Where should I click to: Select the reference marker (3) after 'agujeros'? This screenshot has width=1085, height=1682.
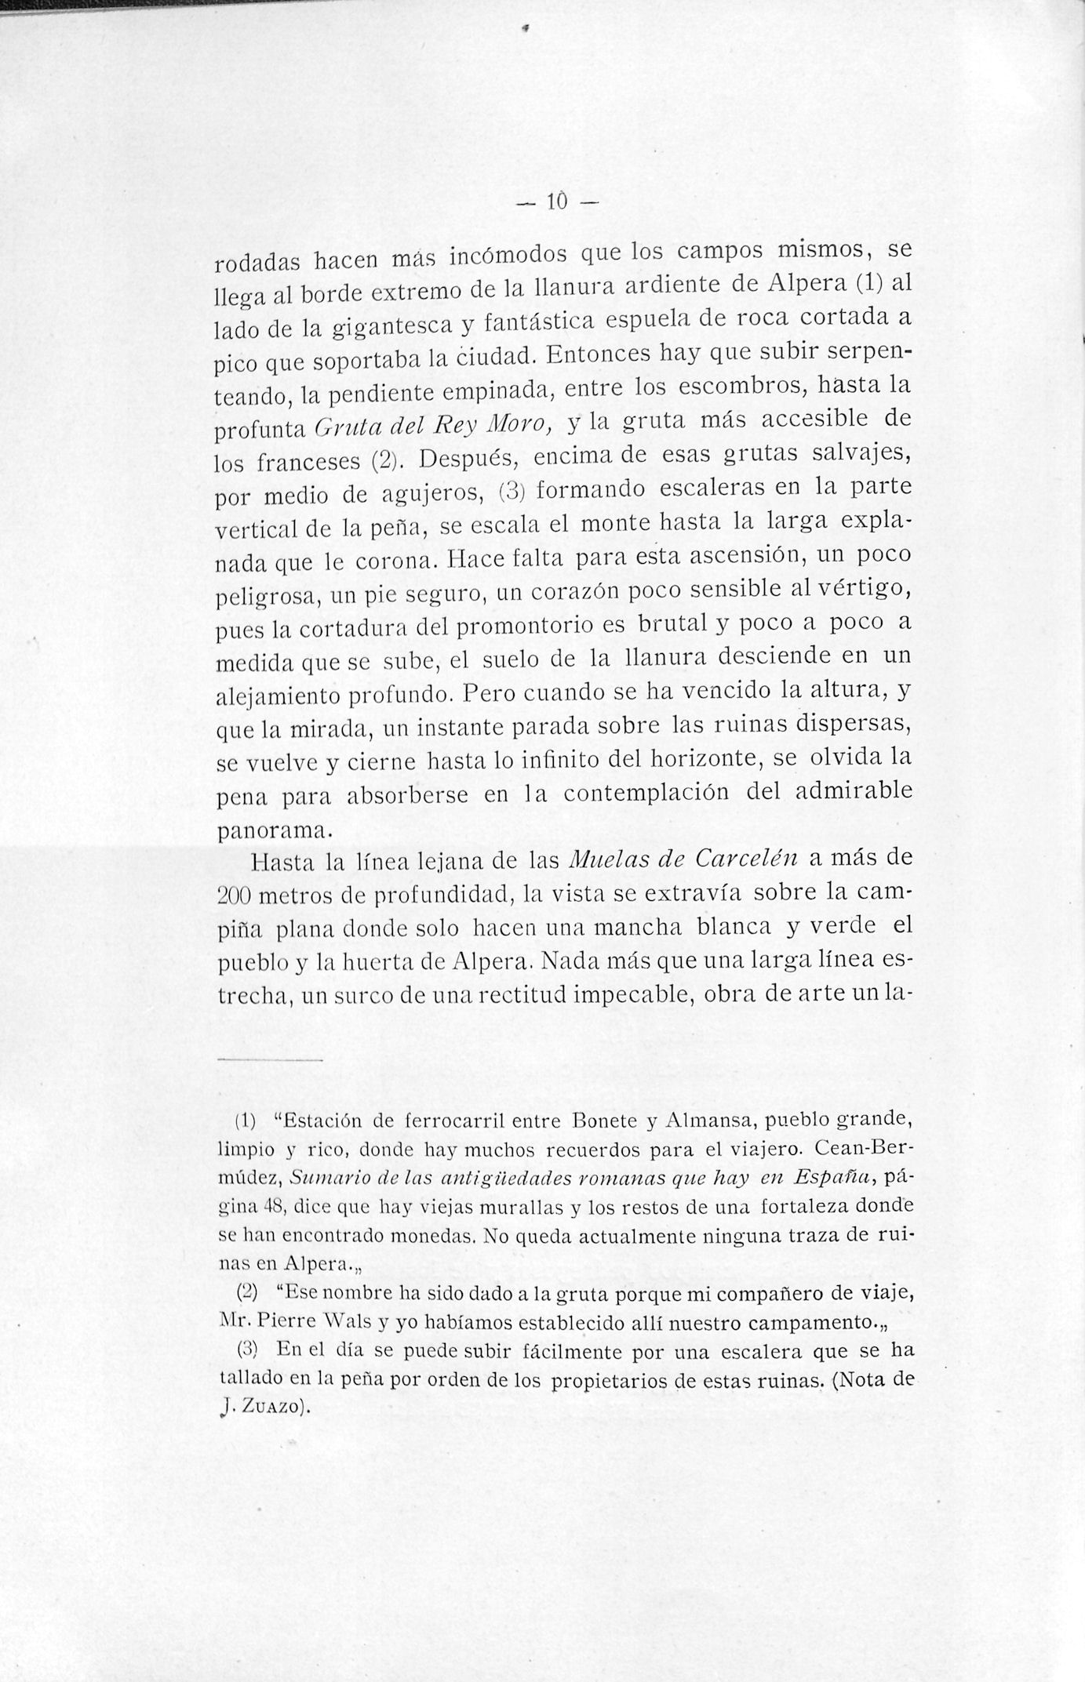pos(511,492)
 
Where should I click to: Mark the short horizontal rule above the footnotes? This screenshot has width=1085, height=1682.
pos(269,1061)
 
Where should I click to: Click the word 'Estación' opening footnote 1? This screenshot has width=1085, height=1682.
pos(322,1120)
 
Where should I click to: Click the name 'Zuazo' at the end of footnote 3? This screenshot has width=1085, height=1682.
pos(269,1407)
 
